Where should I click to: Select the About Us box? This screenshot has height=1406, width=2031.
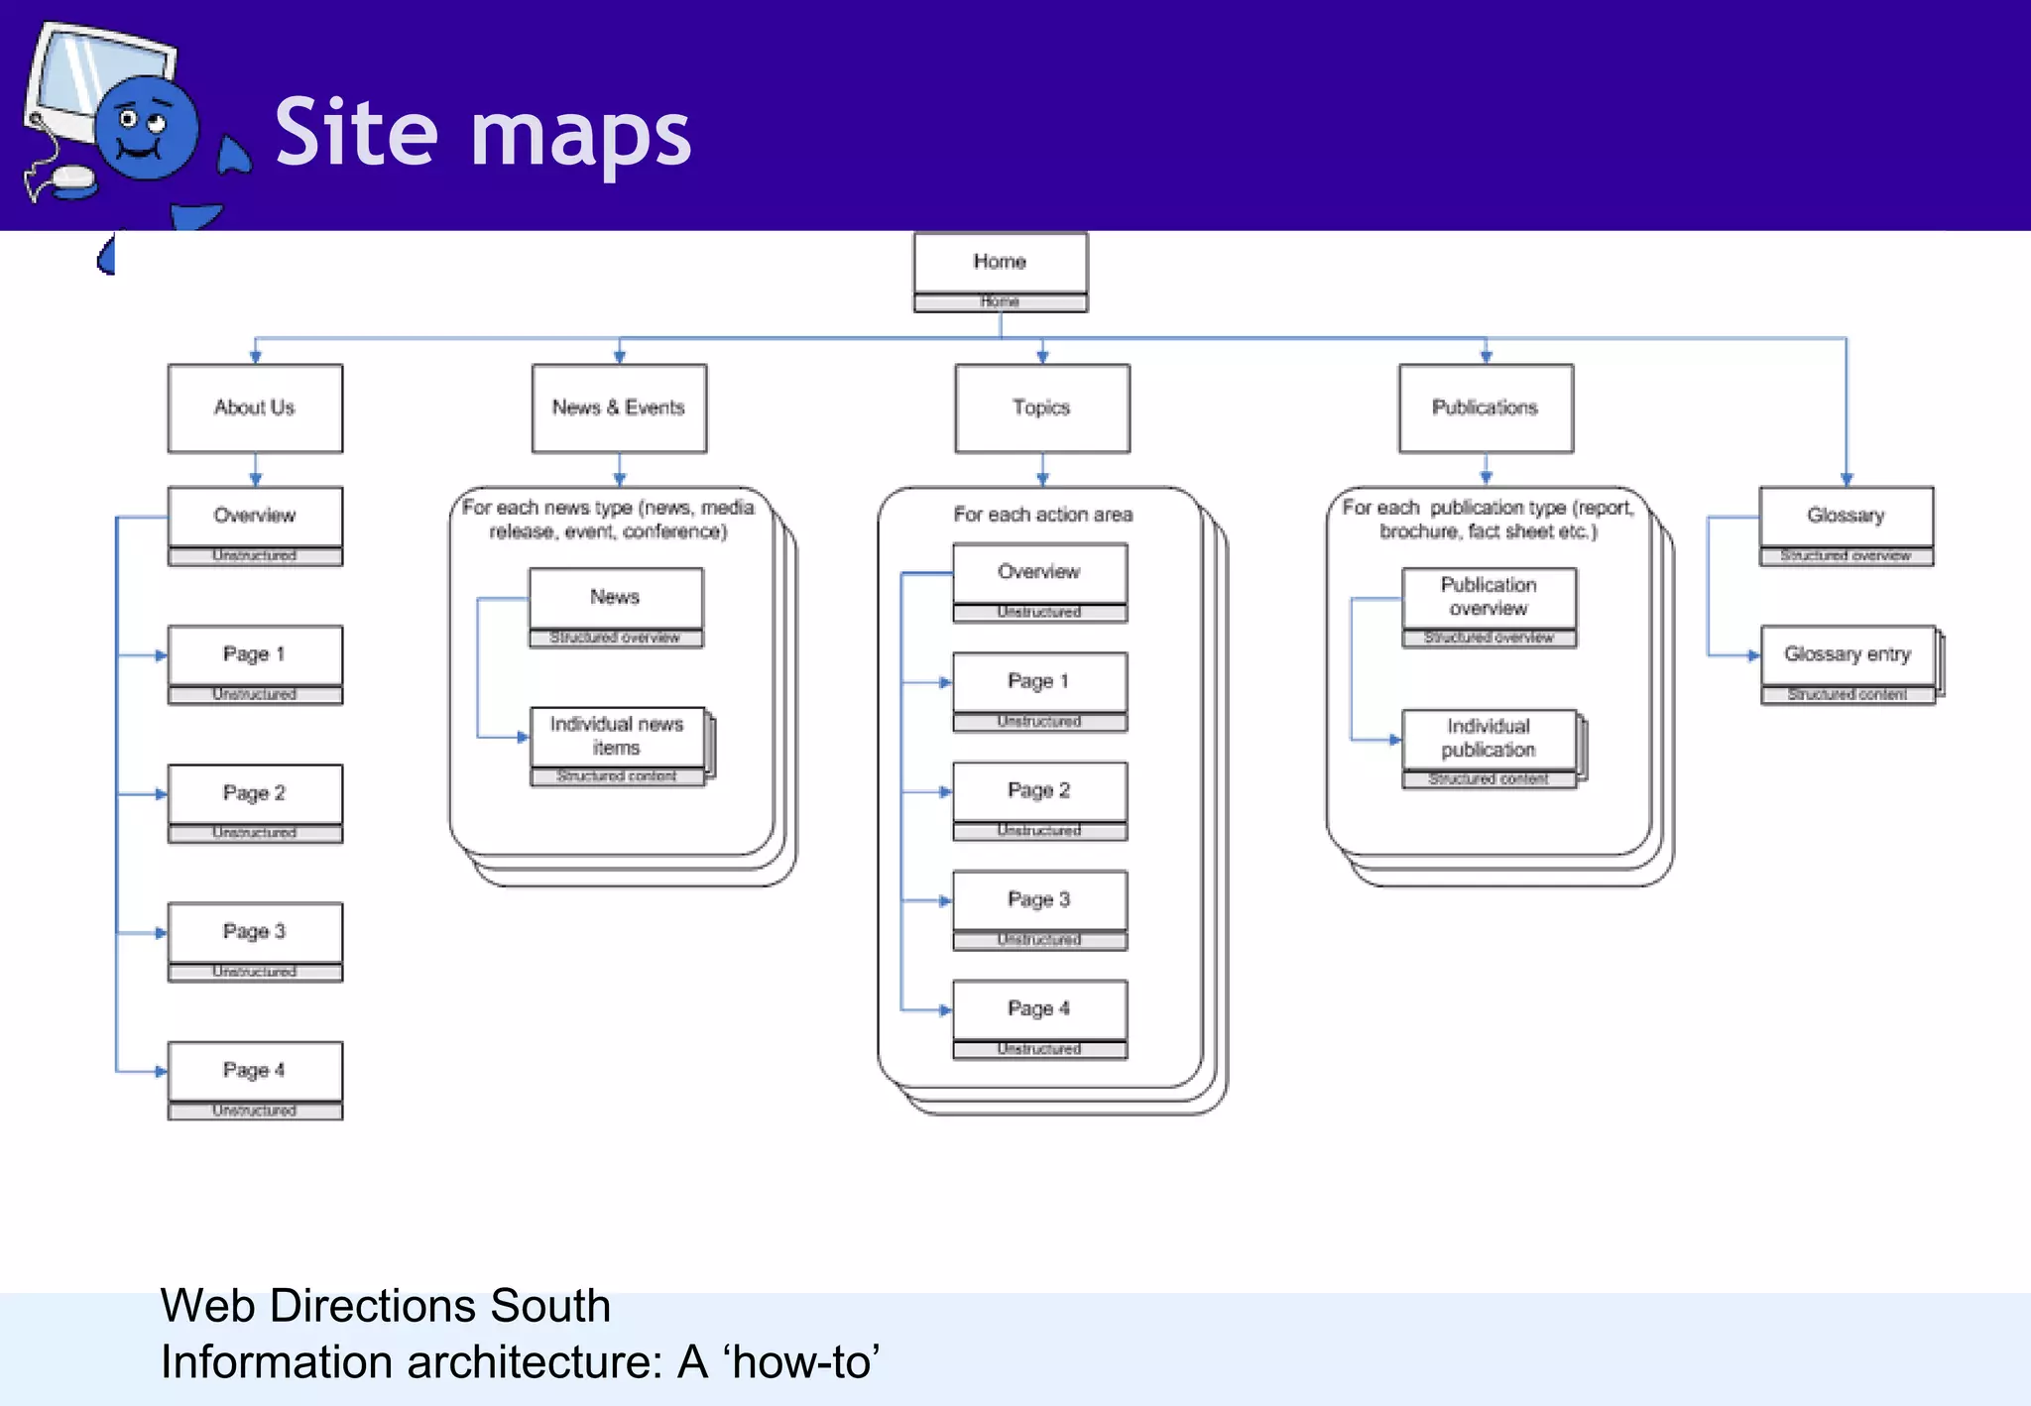[255, 408]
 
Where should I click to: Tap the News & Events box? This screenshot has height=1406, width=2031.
[619, 408]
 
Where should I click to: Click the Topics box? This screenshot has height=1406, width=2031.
[1041, 408]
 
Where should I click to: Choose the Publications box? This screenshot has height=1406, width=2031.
[1485, 408]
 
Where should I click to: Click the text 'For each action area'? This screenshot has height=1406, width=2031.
[1042, 515]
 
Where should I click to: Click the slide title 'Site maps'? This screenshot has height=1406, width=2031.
[482, 134]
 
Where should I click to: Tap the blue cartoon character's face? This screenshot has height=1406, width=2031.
[145, 129]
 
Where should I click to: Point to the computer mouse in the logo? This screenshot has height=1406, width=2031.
[73, 179]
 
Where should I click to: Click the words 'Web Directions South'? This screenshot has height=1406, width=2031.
[385, 1306]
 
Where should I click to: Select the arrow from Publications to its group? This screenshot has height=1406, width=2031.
[1486, 468]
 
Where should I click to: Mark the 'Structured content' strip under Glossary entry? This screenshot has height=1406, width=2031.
[1847, 695]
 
